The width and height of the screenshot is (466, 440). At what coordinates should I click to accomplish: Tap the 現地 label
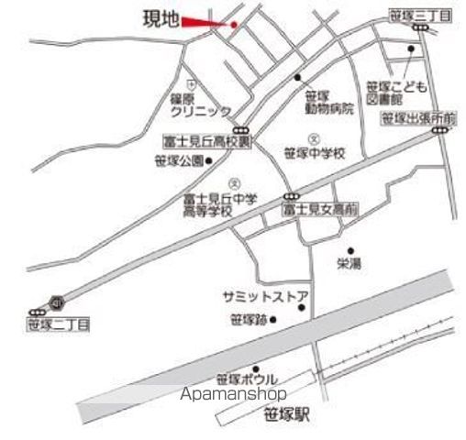[161, 17]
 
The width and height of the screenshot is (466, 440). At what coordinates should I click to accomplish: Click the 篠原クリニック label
[201, 103]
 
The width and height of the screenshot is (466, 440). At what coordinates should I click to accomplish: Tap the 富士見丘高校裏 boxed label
[204, 142]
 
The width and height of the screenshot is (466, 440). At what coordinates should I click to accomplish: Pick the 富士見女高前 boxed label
[319, 210]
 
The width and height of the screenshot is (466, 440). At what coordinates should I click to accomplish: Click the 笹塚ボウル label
[247, 379]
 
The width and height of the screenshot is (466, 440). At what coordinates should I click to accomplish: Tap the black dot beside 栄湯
[350, 248]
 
